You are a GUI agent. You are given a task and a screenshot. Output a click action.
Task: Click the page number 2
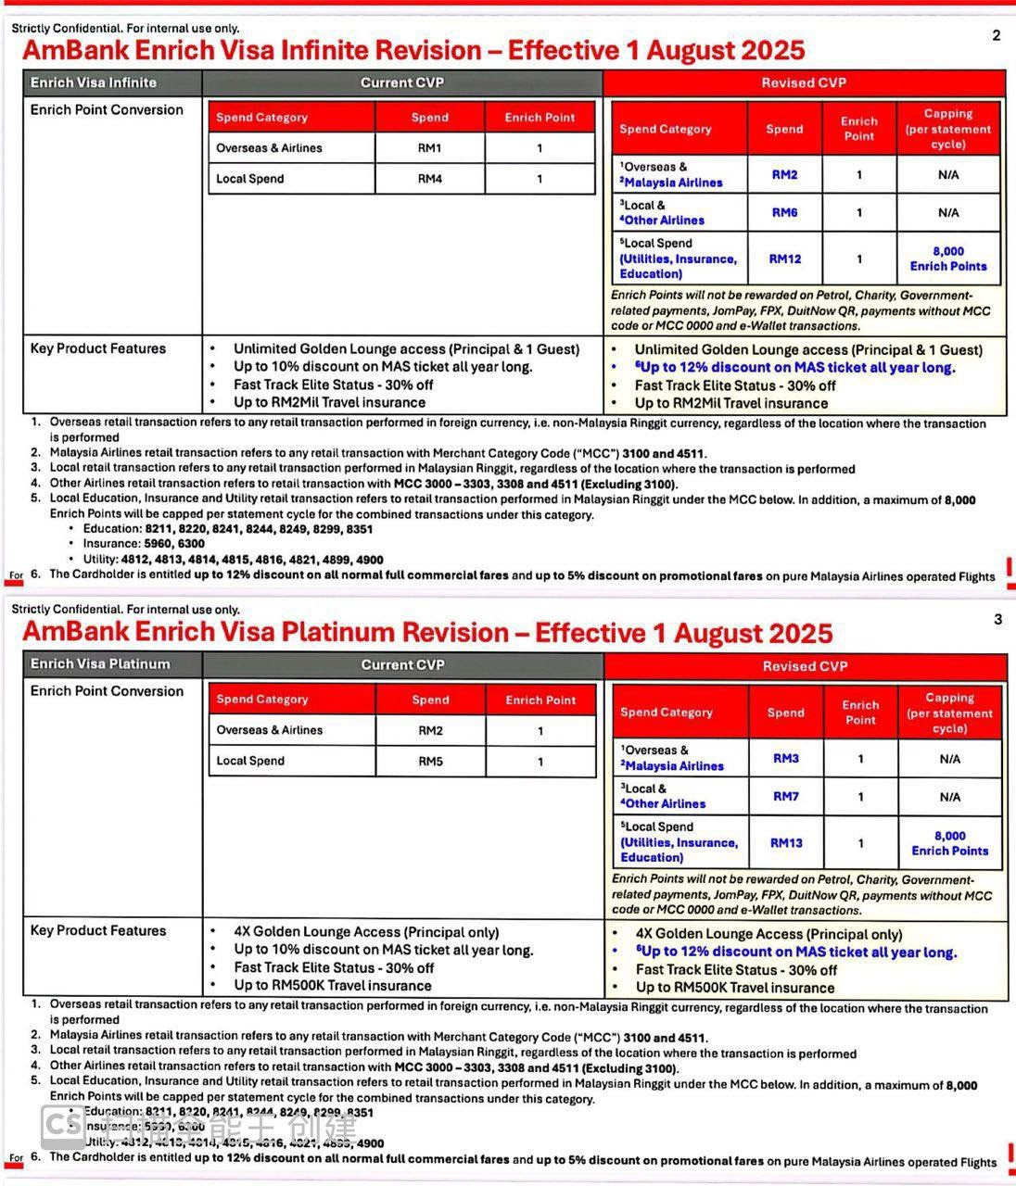tap(997, 36)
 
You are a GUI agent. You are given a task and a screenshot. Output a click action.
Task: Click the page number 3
tap(997, 619)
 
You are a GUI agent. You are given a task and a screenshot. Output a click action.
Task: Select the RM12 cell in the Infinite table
tap(784, 259)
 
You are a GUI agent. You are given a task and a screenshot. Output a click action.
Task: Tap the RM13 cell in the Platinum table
tap(786, 843)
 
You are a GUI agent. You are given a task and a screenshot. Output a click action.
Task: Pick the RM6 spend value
tap(784, 213)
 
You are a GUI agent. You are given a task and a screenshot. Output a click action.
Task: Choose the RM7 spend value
tap(786, 797)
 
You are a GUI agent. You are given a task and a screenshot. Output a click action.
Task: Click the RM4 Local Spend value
tap(430, 179)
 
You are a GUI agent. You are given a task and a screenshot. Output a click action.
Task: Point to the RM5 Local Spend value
tap(431, 762)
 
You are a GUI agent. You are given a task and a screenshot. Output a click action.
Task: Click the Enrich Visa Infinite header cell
tap(94, 82)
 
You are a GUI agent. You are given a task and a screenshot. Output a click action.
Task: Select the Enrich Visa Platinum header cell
tap(100, 664)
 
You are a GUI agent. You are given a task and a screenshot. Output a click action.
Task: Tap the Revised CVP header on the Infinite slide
tap(804, 82)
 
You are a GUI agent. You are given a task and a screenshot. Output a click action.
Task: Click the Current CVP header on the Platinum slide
tap(403, 664)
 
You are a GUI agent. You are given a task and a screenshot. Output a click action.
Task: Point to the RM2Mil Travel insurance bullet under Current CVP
tap(329, 403)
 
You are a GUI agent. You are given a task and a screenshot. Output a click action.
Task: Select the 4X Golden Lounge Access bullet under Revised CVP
tap(768, 935)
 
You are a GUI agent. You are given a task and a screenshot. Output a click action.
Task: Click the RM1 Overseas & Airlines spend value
tap(430, 148)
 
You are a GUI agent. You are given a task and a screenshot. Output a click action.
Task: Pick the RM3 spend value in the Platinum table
tap(786, 759)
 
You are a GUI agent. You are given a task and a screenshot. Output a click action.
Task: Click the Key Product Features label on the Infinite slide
tap(98, 349)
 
